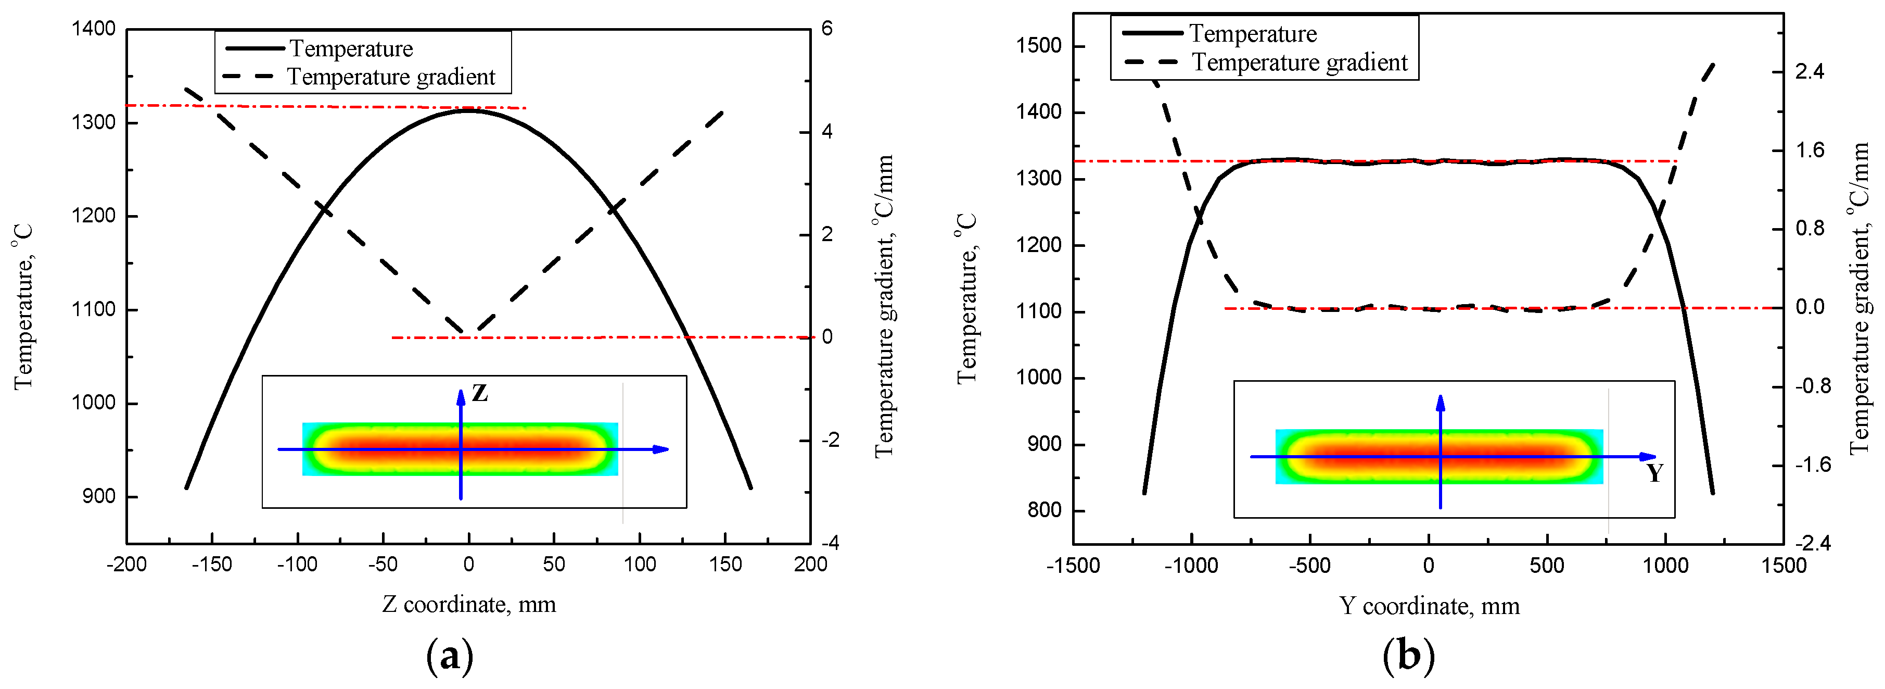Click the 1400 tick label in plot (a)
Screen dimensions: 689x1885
(x=94, y=29)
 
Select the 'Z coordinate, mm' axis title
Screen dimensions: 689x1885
(x=469, y=605)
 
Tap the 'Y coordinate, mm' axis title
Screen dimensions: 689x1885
(x=1429, y=606)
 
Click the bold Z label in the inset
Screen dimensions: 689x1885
(x=479, y=393)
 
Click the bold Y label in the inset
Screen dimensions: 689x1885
(x=1655, y=473)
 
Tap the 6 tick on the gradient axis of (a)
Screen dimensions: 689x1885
(x=827, y=29)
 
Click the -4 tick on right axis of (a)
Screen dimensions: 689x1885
(x=830, y=543)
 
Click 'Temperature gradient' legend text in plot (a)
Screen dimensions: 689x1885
(x=391, y=77)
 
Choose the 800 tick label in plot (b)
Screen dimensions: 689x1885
(x=1044, y=510)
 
